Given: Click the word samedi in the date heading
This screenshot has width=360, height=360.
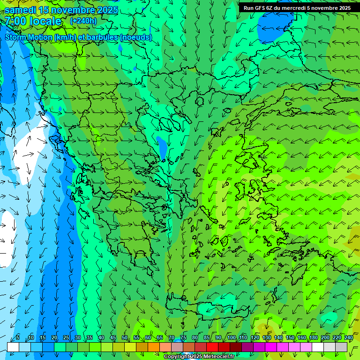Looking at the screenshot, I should coord(22,10).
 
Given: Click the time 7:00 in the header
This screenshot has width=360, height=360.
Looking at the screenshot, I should coord(15,21).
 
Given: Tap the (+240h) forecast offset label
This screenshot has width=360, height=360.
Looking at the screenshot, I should coord(83,21).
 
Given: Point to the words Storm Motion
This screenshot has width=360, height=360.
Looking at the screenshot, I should coord(28,37).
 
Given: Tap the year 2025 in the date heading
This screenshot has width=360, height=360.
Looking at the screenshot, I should coord(105,10).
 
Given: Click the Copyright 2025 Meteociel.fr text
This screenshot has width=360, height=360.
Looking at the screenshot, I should coord(199,356).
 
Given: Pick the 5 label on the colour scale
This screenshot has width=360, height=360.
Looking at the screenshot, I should coord(18,338).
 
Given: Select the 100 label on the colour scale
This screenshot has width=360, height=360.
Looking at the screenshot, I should coord(232,338).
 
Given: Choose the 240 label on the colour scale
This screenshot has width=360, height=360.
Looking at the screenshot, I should coord(348,338).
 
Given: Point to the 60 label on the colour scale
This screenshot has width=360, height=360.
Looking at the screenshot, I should coord(148,338).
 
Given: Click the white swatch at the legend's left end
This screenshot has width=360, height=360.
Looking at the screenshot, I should coord(13,347).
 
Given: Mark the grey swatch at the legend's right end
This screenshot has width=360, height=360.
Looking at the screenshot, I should coord(341,347).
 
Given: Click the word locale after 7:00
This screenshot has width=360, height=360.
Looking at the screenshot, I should coord(45,21).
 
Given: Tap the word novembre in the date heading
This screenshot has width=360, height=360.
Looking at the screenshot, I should coord(70,10).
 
